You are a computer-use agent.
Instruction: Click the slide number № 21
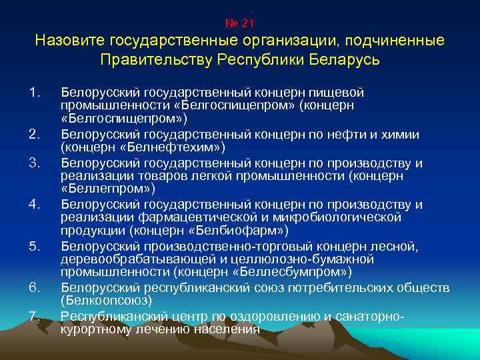click(x=239, y=23)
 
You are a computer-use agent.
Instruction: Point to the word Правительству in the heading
click(x=156, y=60)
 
